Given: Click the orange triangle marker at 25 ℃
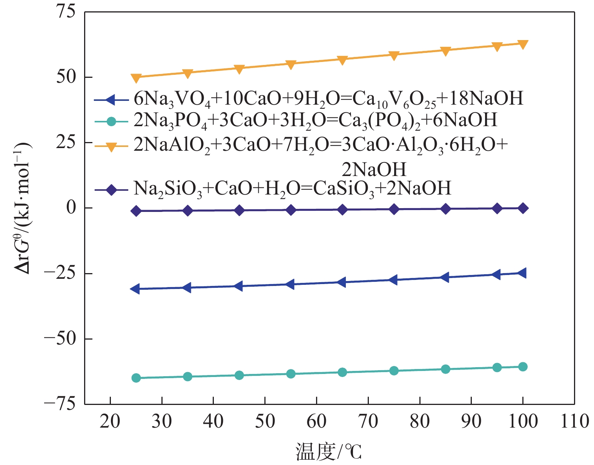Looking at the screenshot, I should click(136, 78).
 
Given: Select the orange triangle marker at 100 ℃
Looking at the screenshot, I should click(523, 44).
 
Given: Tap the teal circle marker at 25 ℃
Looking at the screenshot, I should click(136, 378).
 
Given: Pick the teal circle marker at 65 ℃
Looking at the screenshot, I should click(342, 372).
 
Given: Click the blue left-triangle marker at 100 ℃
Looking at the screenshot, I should click(522, 273).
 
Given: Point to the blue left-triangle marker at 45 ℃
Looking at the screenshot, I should click(238, 286).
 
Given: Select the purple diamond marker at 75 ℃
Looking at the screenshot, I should click(394, 209).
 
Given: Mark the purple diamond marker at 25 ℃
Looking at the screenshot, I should click(136, 211).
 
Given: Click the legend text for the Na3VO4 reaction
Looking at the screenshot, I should click(328, 99).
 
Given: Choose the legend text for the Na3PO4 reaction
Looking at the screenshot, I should click(315, 120).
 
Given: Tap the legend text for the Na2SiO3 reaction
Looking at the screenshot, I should click(292, 188).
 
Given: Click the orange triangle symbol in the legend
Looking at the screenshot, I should click(111, 147).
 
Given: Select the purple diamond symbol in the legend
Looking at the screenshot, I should click(111, 189).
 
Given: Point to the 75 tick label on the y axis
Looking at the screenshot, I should click(66, 12).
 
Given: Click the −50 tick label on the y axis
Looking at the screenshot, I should click(60, 338).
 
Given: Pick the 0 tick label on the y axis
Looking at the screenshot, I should click(71, 207).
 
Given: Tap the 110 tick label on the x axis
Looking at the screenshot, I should click(574, 421).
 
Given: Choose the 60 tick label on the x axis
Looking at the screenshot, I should click(316, 421).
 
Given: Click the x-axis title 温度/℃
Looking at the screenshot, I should click(328, 451).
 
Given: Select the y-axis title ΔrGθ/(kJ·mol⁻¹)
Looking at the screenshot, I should click(23, 208).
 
